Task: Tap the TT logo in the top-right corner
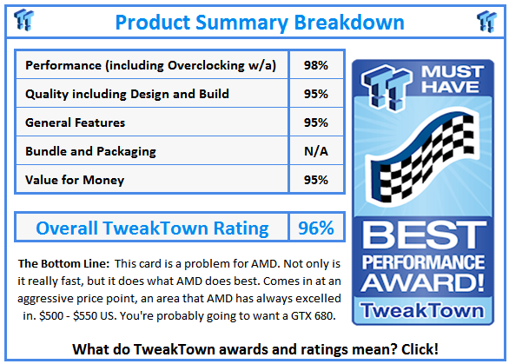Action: coord(486,21)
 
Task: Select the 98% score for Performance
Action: coord(316,65)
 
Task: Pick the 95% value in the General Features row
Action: coord(316,122)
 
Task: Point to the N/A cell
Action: coord(316,151)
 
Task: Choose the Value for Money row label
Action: coord(75,180)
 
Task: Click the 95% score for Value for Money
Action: coord(316,180)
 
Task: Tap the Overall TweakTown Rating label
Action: coord(152,228)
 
